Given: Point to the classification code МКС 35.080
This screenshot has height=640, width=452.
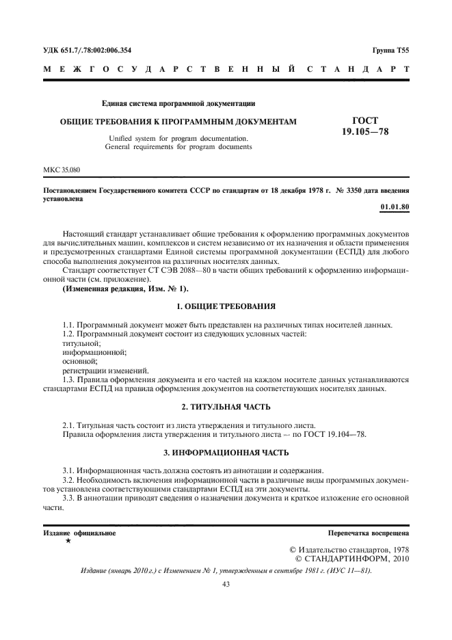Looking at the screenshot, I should (x=59, y=168).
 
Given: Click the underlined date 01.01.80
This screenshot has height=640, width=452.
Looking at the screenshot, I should (x=395, y=206).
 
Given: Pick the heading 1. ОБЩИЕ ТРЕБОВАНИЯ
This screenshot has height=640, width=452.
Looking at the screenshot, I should (x=226, y=306).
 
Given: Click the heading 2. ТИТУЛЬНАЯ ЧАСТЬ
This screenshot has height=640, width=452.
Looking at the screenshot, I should (x=226, y=408).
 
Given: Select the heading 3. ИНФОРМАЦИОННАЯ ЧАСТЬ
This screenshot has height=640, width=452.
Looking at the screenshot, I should (x=226, y=453).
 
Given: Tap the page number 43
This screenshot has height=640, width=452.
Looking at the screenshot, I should (x=226, y=584).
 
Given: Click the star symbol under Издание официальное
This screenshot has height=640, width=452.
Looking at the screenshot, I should (x=68, y=541).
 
